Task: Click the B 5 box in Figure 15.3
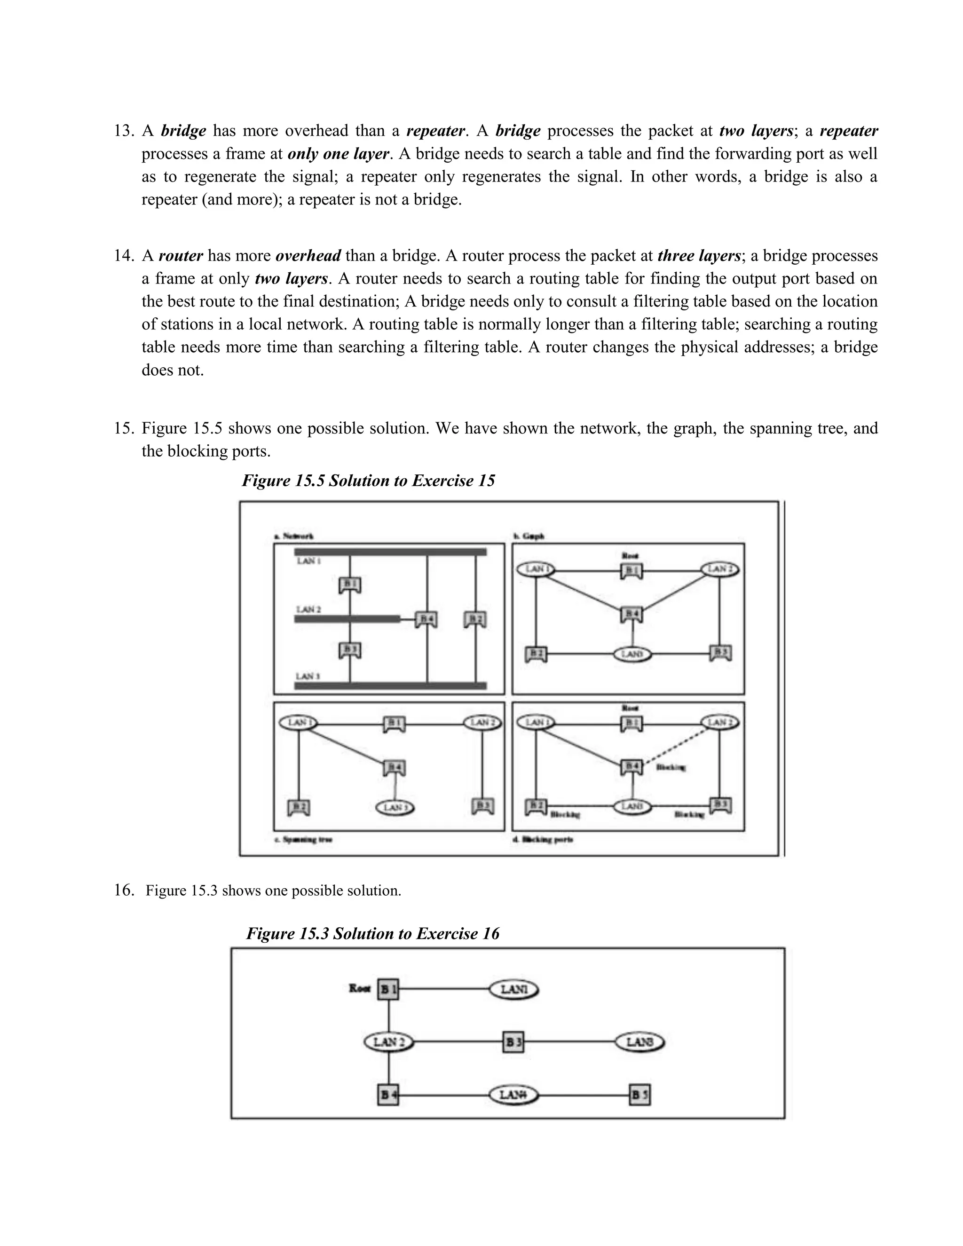[639, 1095]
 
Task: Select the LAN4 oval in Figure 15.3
[513, 1095]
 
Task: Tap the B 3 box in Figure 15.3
[513, 1042]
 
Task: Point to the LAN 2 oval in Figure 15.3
[388, 1042]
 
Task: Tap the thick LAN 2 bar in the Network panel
[347, 619]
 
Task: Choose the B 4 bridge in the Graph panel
[631, 615]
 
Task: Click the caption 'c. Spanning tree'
[303, 840]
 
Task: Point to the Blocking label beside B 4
[671, 768]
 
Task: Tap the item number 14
[123, 256]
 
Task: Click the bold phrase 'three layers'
[699, 256]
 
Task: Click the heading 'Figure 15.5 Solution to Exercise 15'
[368, 481]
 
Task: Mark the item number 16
[123, 890]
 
